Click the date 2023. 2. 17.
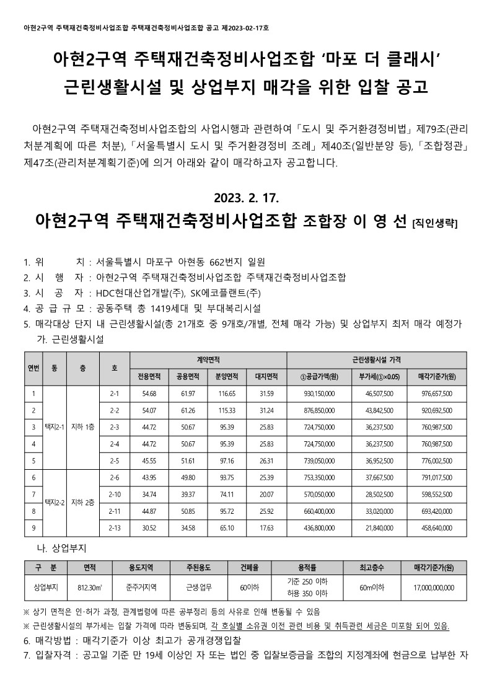pyautogui.click(x=247, y=198)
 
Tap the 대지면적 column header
pyautogui.click(x=266, y=376)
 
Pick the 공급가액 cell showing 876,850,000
pyautogui.click(x=319, y=410)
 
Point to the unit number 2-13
pyautogui.click(x=114, y=528)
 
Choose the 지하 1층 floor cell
pyautogui.click(x=83, y=427)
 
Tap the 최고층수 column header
pyautogui.click(x=373, y=567)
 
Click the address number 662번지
pyautogui.click(x=227, y=262)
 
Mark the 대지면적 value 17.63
pyautogui.click(x=266, y=528)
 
